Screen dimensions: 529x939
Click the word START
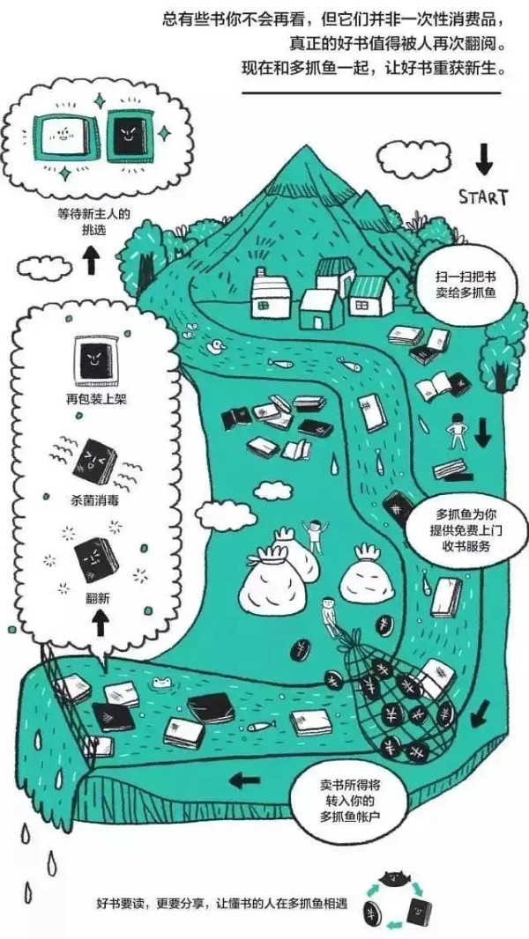tap(483, 197)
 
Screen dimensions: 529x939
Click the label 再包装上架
tap(96, 398)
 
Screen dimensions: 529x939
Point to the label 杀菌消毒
tap(94, 499)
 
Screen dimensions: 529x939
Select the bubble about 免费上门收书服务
tap(466, 530)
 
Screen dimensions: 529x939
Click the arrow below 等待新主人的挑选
tap(91, 261)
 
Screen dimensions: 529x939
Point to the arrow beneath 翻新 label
tap(100, 623)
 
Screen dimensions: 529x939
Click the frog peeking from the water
tap(163, 682)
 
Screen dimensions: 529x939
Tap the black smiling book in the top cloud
tap(129, 137)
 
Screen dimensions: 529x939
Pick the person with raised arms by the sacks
tap(315, 535)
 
